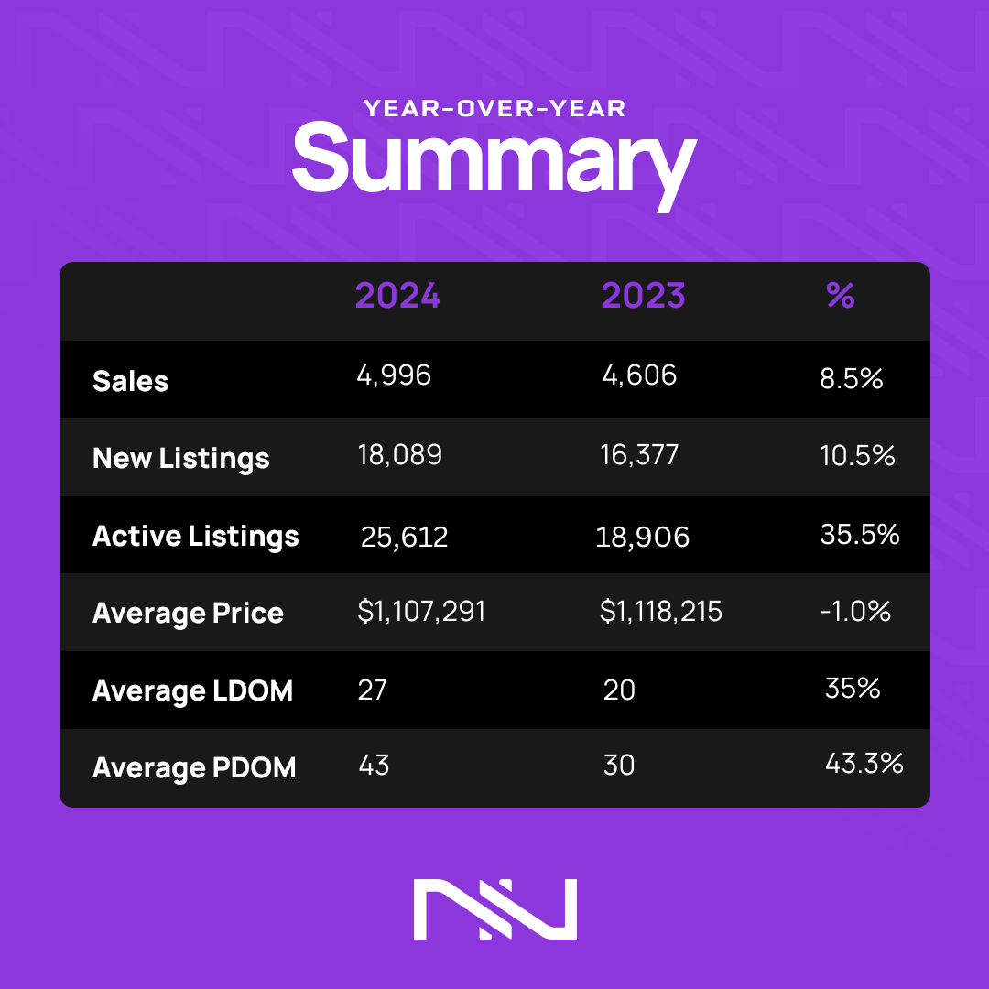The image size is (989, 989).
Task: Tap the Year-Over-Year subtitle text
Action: coord(494,109)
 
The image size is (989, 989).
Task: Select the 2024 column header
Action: coord(397,296)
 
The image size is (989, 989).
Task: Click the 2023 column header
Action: coord(643,296)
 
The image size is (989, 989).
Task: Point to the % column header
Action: coord(840,295)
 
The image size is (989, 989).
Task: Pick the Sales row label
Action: coord(131,381)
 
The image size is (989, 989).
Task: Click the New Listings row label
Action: coord(181,458)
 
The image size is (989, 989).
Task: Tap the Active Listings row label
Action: coord(196,536)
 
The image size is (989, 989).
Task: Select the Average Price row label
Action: coord(188,613)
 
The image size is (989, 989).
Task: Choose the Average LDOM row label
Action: coord(192,690)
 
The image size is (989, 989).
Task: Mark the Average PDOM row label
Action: coord(194,767)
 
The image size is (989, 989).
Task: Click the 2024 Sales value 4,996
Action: coord(394,375)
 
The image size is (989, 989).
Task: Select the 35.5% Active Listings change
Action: coord(860,534)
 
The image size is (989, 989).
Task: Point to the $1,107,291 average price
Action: coord(421,612)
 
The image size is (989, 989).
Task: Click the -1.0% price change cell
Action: coord(855,611)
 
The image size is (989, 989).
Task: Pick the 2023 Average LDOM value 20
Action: coord(619,690)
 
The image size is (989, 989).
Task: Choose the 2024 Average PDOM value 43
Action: coord(374,765)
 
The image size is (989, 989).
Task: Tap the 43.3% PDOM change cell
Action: coord(864,763)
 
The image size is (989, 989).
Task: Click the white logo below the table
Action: coord(494,908)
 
